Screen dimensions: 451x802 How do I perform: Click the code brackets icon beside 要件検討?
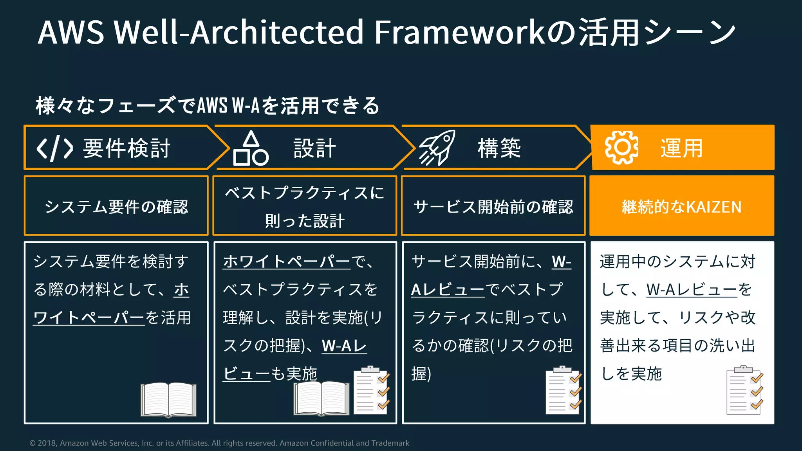click(54, 148)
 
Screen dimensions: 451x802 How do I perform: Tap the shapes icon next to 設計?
click(251, 149)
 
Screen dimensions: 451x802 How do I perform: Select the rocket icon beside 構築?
click(437, 148)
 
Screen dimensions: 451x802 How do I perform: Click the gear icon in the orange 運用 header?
click(621, 148)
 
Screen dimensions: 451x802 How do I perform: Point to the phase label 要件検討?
click(126, 148)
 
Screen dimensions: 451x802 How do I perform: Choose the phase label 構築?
click(499, 148)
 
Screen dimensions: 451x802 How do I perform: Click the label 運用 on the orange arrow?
click(681, 148)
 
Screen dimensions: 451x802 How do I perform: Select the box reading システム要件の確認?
click(116, 206)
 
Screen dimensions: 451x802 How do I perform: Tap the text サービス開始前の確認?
click(493, 207)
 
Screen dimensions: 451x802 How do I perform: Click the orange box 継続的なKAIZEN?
click(681, 206)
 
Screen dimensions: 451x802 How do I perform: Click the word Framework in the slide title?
click(459, 32)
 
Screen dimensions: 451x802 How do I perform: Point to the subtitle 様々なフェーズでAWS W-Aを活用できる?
click(208, 106)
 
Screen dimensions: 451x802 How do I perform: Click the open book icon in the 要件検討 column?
click(168, 399)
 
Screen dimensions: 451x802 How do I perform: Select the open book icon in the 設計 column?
click(321, 398)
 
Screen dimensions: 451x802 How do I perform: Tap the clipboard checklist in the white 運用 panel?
click(744, 390)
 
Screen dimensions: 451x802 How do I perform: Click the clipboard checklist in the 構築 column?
click(564, 390)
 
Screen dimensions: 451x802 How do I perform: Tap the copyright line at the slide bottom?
click(219, 443)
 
